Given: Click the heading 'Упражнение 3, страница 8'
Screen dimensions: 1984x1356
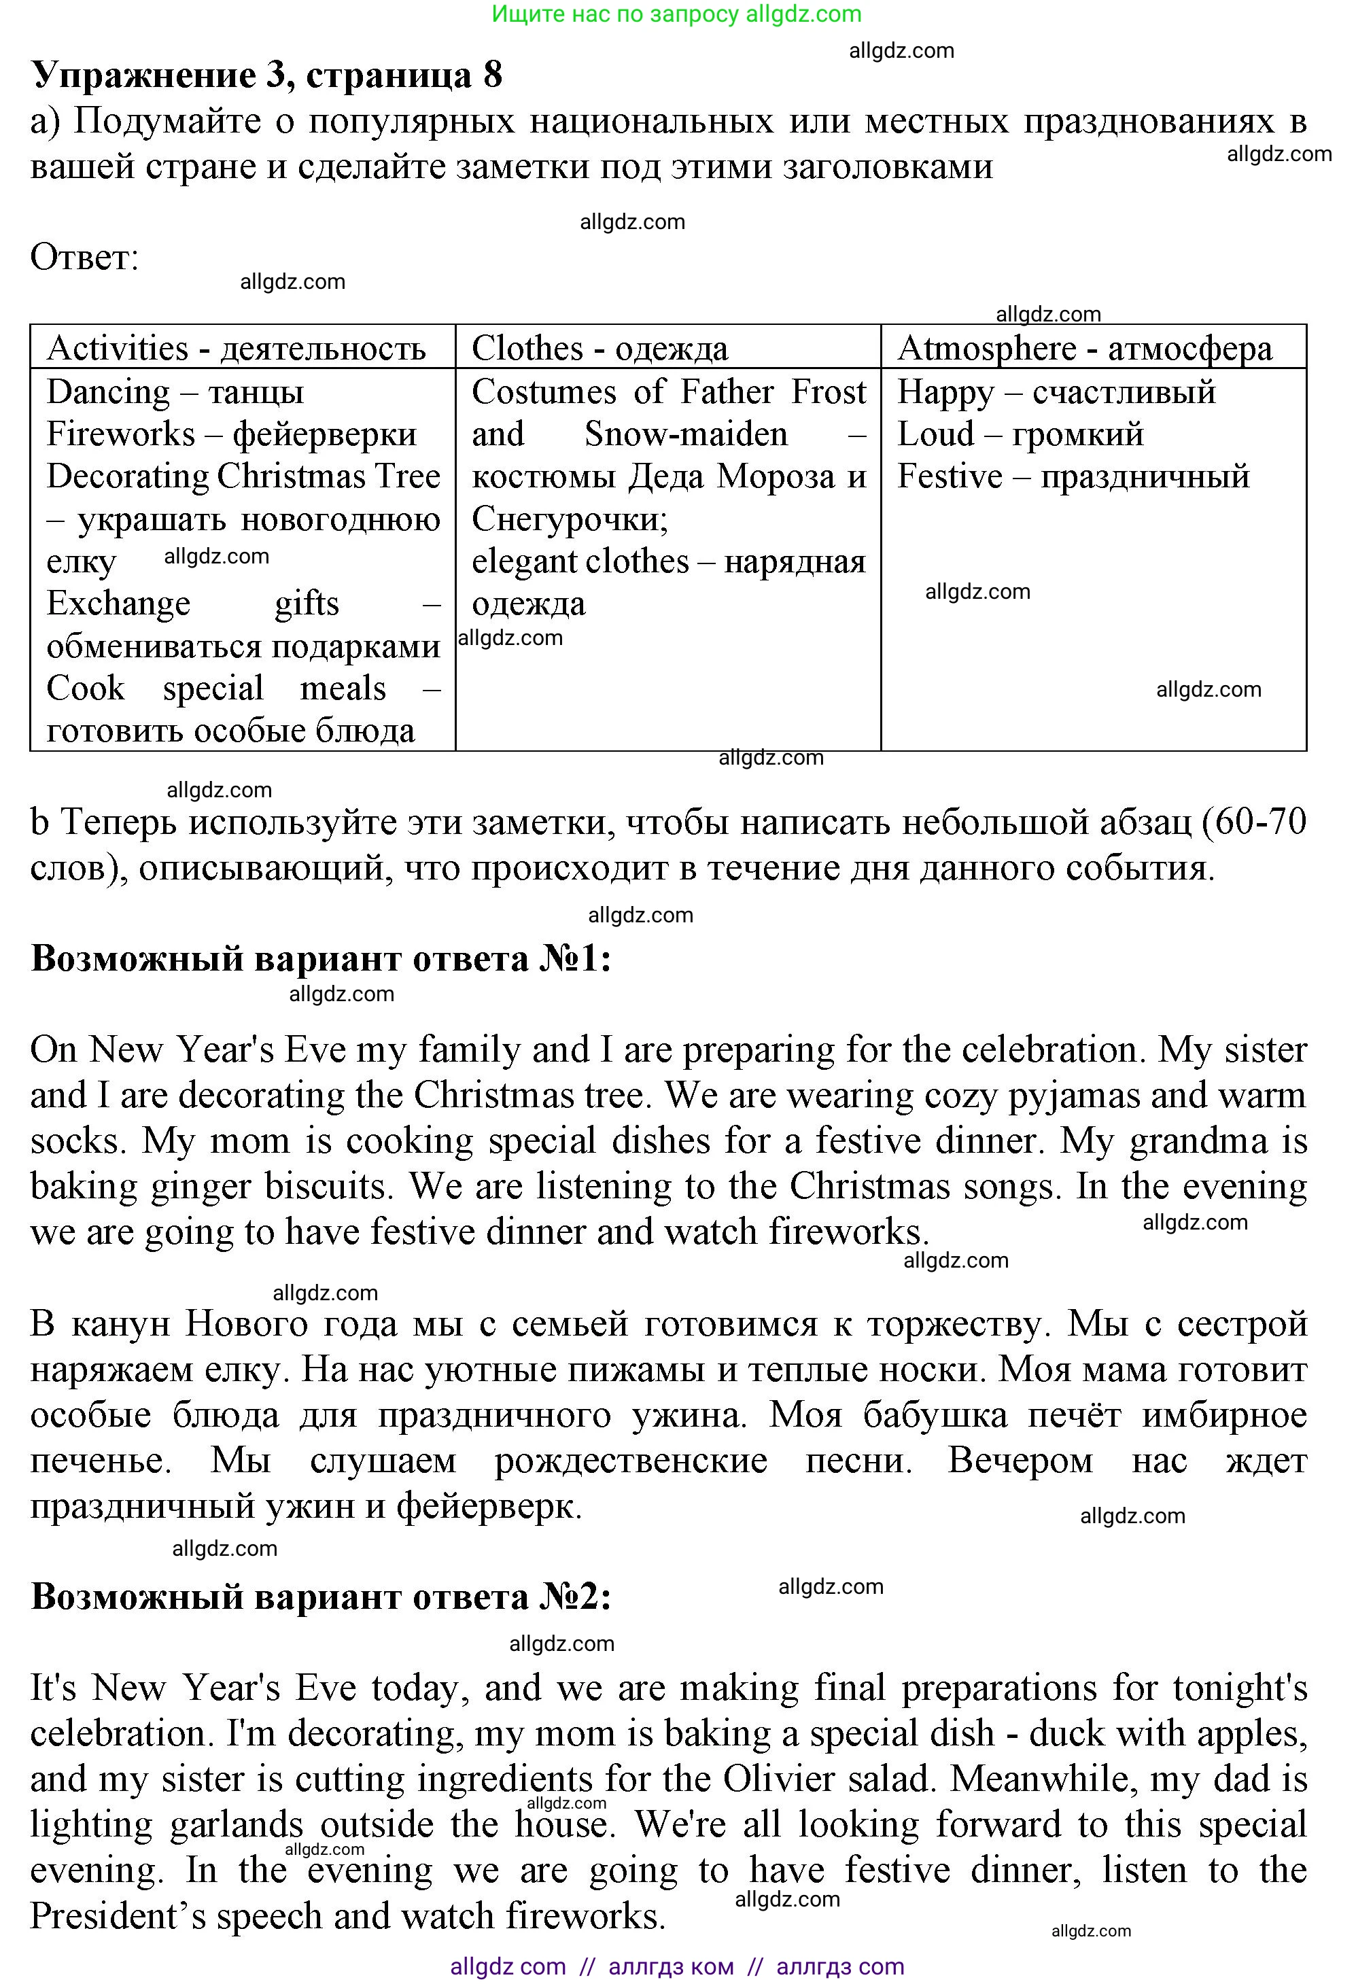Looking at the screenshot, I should (x=266, y=75).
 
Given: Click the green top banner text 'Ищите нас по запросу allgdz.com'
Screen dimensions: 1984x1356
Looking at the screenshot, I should (x=676, y=14).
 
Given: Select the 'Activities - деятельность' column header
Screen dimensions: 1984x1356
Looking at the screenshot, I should (x=236, y=348).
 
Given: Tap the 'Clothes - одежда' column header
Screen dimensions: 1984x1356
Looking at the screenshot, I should (x=599, y=348).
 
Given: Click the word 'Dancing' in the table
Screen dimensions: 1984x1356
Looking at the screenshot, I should (x=109, y=392).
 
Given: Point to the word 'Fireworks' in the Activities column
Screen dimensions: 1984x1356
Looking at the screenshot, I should (x=120, y=434).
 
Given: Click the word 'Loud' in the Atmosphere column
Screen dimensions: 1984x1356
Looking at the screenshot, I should (x=935, y=434).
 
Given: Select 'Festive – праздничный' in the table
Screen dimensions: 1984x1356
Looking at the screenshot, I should (x=1073, y=476).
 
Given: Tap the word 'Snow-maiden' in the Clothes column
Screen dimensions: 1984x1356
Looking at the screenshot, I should (x=686, y=434).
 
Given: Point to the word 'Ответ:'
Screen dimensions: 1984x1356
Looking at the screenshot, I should (x=84, y=257).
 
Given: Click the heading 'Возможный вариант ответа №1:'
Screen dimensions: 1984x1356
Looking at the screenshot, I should (x=321, y=960).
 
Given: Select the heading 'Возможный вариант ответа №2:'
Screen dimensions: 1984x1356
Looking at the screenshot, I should (x=321, y=1597).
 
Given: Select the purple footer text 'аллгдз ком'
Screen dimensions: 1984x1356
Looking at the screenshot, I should (x=670, y=1967).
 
